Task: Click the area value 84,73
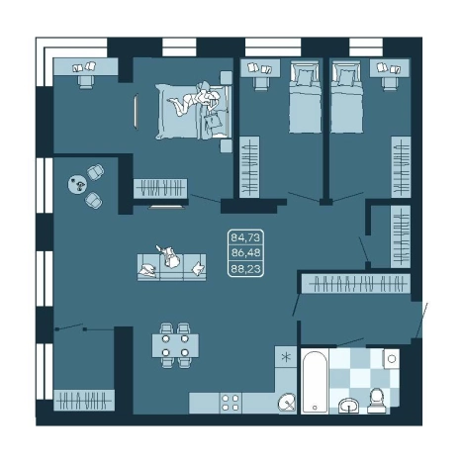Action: point(245,237)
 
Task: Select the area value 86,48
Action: point(245,253)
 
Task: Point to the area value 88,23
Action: point(245,269)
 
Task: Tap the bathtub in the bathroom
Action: point(315,382)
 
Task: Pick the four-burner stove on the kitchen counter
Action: point(231,403)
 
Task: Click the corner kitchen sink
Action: point(287,403)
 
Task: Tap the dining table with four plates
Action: point(175,345)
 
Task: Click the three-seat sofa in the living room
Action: point(171,267)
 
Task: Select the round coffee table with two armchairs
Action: point(77,185)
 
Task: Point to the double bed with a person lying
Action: point(193,111)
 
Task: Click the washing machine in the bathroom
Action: point(391,359)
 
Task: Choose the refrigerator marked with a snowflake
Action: point(286,357)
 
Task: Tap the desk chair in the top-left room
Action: point(85,81)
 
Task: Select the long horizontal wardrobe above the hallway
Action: point(356,283)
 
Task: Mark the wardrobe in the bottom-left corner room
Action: point(84,400)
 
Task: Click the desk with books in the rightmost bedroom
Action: point(390,68)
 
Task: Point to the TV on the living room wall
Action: point(166,207)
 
